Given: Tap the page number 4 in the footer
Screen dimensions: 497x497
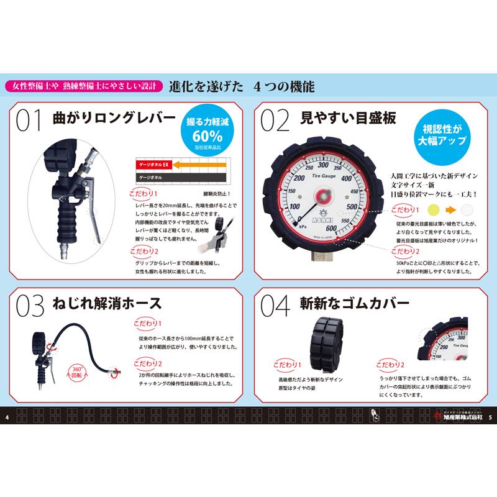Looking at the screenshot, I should coord(6,416).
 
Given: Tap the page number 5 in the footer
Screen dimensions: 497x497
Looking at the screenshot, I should coord(490,416).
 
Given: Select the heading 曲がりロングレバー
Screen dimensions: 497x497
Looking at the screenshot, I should coord(112,118).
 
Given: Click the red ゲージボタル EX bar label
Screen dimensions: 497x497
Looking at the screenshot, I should coord(153,165).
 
